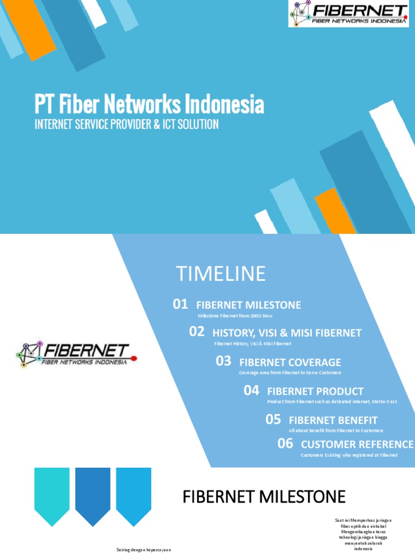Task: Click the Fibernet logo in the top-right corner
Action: click(348, 14)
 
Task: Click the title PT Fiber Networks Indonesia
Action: click(149, 104)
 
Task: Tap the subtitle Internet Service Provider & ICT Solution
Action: click(126, 124)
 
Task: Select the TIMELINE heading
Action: click(220, 274)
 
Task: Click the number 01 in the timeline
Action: click(180, 305)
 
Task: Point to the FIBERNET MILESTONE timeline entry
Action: click(249, 305)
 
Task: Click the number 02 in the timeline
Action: click(197, 332)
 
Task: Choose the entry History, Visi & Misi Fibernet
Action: click(287, 333)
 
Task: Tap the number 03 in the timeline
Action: click(224, 361)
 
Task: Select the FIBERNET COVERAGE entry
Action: click(290, 362)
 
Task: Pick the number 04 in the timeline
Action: click(251, 390)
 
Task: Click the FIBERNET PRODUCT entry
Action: click(315, 392)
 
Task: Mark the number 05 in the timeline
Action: click(273, 419)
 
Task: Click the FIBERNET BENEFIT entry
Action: click(333, 420)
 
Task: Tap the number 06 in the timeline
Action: click(285, 443)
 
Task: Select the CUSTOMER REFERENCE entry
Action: click(357, 444)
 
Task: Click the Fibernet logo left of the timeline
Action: click(76, 354)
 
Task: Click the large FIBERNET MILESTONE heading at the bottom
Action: click(264, 496)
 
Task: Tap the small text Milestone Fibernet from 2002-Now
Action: click(235, 315)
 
